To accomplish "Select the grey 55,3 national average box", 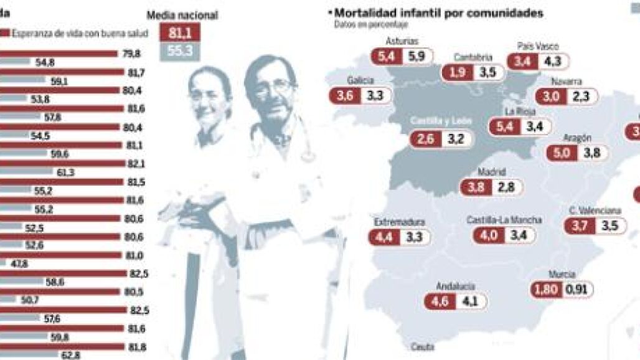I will point(180,52).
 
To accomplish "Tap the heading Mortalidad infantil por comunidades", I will point(438,12).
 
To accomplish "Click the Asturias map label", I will point(402,41).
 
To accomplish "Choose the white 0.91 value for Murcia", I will point(578,289).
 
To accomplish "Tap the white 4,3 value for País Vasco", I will point(553,61).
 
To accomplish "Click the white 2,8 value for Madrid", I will point(509,187).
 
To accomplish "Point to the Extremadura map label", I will point(399,222).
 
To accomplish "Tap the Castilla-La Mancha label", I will point(504,220).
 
